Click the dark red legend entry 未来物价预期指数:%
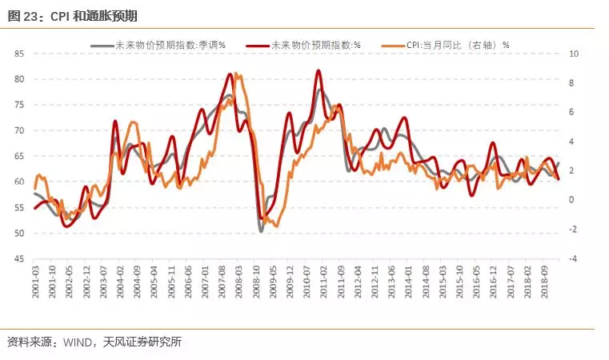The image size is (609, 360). (x=316, y=45)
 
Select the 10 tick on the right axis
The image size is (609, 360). (x=573, y=54)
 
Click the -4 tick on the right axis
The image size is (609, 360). (x=573, y=259)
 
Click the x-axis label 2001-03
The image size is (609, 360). (x=36, y=282)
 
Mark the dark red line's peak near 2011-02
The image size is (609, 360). (x=318, y=71)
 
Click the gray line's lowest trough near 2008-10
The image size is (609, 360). (x=261, y=231)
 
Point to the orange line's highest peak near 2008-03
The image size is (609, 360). (x=237, y=74)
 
